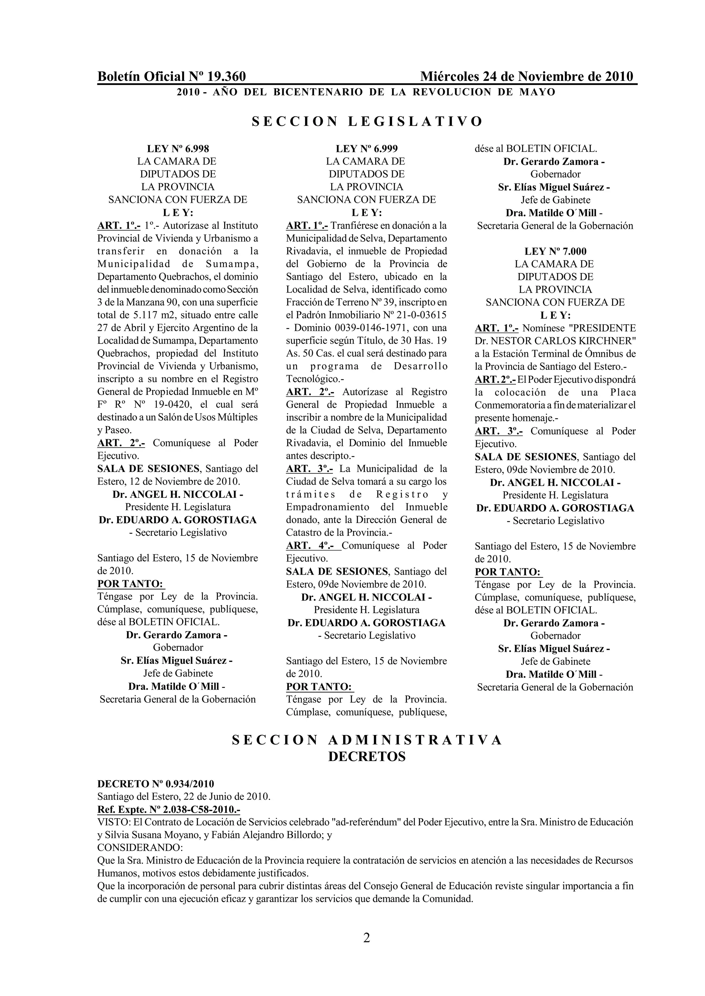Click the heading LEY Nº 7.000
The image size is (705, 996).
coord(555,251)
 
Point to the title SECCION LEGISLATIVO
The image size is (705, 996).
coord(367,121)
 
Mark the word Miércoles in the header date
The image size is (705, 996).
coord(450,76)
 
